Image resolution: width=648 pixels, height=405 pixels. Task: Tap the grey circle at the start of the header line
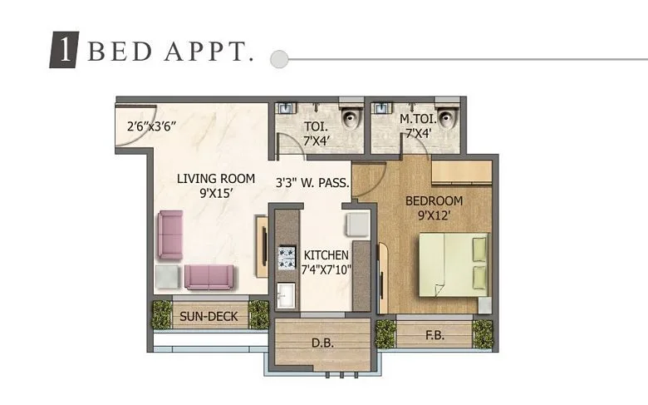pyautogui.click(x=280, y=59)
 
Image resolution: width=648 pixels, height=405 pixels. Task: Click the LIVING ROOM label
pyautogui.click(x=215, y=178)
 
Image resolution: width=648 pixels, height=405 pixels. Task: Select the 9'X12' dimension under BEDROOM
pyautogui.click(x=434, y=215)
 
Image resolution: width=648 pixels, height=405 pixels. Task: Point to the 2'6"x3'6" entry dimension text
pyautogui.click(x=152, y=127)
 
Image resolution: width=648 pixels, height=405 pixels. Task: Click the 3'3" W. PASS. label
pyautogui.click(x=312, y=183)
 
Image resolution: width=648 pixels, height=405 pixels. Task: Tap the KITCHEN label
pyautogui.click(x=326, y=254)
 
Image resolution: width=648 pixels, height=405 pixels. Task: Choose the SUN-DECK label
pyautogui.click(x=209, y=316)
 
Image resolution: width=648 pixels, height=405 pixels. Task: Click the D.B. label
pyautogui.click(x=322, y=342)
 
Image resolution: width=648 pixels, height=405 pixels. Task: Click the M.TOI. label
pyautogui.click(x=416, y=120)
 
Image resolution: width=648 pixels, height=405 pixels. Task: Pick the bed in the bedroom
pyautogui.click(x=452, y=264)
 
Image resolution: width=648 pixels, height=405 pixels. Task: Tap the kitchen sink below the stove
pyautogui.click(x=286, y=295)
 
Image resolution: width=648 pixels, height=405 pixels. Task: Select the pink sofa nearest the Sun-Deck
pyautogui.click(x=209, y=277)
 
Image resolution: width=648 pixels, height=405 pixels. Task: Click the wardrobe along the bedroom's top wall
pyautogui.click(x=461, y=172)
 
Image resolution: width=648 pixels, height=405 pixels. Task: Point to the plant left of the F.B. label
pyautogui.click(x=385, y=333)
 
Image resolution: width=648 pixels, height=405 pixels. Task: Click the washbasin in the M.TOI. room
pyautogui.click(x=383, y=109)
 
